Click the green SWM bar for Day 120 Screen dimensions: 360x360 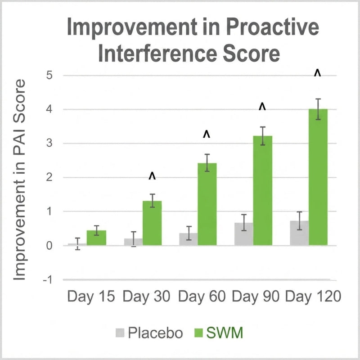tap(318, 177)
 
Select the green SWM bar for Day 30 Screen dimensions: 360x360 tap(152, 223)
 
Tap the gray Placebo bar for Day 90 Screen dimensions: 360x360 tap(244, 234)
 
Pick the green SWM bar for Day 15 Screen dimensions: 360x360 tap(96, 238)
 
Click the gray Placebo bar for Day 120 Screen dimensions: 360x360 tap(299, 233)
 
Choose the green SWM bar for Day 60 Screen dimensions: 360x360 tap(207, 204)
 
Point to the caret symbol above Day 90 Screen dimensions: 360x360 tap(262, 107)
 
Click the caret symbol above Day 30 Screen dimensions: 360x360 tap(152, 176)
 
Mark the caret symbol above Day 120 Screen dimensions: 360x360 tap(318, 73)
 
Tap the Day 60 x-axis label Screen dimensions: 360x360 tap(202, 297)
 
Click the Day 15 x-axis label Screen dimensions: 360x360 tap(91, 297)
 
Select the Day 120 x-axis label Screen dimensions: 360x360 tap(313, 297)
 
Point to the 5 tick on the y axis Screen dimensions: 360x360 tap(49, 75)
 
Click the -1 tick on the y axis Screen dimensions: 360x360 tap(48, 280)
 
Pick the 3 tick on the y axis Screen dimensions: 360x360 tap(49, 143)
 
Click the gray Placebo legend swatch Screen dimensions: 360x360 tap(120, 333)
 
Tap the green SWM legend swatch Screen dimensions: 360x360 tap(198, 333)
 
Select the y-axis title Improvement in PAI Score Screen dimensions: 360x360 tap(19, 180)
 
